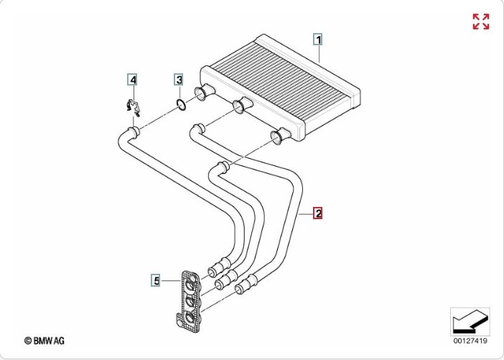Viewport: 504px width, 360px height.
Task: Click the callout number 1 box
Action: coord(318,40)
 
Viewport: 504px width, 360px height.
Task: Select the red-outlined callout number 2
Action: coord(318,213)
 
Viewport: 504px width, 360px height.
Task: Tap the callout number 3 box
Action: coord(179,79)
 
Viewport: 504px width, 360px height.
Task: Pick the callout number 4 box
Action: coord(132,80)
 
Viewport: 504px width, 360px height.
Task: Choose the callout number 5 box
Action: coord(157,280)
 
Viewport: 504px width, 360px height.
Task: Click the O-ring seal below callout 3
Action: coord(182,104)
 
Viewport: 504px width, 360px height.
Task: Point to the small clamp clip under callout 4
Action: coord(134,108)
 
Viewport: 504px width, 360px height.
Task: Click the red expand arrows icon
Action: coord(481,22)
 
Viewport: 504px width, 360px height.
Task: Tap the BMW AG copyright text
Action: coord(45,341)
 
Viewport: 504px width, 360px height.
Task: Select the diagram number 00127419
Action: coord(470,341)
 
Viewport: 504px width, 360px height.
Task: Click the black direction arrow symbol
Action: coord(470,322)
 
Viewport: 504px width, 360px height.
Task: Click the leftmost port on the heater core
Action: coord(204,92)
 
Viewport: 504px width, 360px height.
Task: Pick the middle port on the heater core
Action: coord(242,105)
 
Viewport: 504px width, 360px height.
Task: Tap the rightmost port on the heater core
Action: coord(280,136)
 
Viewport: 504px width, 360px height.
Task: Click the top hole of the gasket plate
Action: coord(190,285)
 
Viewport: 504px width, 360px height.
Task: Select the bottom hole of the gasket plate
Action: coord(190,318)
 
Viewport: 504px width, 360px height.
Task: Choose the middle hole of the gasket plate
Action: coord(190,302)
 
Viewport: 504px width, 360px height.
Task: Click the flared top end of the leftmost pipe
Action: coord(134,132)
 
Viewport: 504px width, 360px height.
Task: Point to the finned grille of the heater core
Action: coord(281,78)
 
